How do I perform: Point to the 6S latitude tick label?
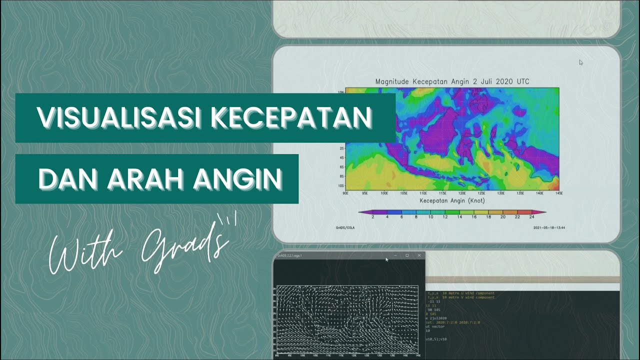coord(341,168)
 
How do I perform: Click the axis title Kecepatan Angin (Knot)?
coord(452,200)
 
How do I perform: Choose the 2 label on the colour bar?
coord(373,217)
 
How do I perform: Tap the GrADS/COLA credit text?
coord(345,228)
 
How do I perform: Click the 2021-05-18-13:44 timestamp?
coord(549,228)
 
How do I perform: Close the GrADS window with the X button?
coord(419,255)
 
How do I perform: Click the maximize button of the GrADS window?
coord(407,255)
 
